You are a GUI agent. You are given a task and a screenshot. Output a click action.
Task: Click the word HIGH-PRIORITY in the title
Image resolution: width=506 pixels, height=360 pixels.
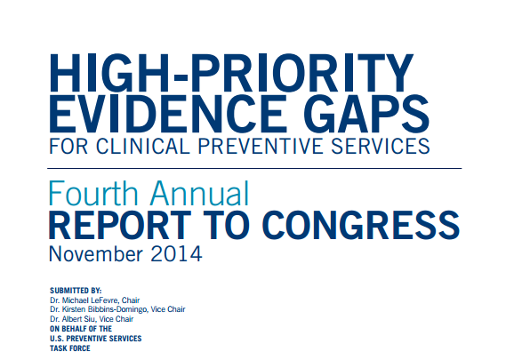[231, 73]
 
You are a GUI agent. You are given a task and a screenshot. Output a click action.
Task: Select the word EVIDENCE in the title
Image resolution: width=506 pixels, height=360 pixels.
[168, 114]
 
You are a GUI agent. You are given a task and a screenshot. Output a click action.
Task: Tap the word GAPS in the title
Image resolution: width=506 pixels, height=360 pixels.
[366, 114]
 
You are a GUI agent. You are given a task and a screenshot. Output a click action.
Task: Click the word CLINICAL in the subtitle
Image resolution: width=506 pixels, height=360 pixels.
[142, 146]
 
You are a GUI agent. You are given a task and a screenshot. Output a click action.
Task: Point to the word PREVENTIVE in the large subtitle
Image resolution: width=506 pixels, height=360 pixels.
[261, 146]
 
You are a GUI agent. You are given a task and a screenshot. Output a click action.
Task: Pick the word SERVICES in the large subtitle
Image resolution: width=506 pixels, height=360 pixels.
[381, 146]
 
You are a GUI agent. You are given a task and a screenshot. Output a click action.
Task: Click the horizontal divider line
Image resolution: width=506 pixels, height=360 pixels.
[254, 168]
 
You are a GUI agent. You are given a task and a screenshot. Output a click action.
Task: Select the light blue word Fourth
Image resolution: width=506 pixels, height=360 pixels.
[93, 194]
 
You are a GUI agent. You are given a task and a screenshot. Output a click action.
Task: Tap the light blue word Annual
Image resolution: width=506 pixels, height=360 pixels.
[200, 194]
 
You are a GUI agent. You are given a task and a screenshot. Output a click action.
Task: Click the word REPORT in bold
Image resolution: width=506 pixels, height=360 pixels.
[120, 225]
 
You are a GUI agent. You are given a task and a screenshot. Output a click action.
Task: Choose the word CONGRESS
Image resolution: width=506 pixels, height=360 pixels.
[361, 225]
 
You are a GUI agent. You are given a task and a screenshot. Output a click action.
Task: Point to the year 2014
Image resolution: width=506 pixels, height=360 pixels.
[176, 254]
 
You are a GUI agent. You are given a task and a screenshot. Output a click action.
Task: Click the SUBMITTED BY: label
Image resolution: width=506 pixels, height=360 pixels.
[76, 291]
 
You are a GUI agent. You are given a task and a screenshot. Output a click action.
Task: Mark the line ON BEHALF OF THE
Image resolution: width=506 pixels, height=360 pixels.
[81, 329]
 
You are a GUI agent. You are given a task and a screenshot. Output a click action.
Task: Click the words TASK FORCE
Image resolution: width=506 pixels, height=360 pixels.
[70, 348]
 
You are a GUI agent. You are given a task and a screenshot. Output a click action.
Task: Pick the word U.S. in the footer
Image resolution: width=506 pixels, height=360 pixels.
[57, 339]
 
